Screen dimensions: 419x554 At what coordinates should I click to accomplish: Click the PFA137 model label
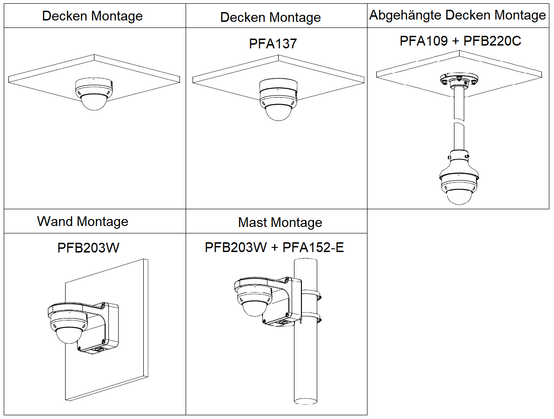tap(273, 44)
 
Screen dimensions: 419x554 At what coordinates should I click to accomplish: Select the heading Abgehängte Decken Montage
tap(457, 15)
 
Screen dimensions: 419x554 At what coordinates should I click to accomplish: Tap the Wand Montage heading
tap(82, 221)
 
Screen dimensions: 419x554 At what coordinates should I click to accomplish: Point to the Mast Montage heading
tap(280, 222)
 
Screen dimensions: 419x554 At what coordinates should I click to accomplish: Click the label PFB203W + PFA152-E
tap(274, 247)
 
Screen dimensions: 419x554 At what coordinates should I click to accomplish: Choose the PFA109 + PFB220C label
tap(460, 41)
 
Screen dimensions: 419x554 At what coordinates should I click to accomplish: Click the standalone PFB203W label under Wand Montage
tap(88, 247)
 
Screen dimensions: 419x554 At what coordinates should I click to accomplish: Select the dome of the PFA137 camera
tap(278, 112)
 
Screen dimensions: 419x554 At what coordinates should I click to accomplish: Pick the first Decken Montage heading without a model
tap(92, 16)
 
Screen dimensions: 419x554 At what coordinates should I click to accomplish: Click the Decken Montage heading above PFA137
tap(270, 17)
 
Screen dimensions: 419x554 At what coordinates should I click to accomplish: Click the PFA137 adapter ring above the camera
tap(278, 86)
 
